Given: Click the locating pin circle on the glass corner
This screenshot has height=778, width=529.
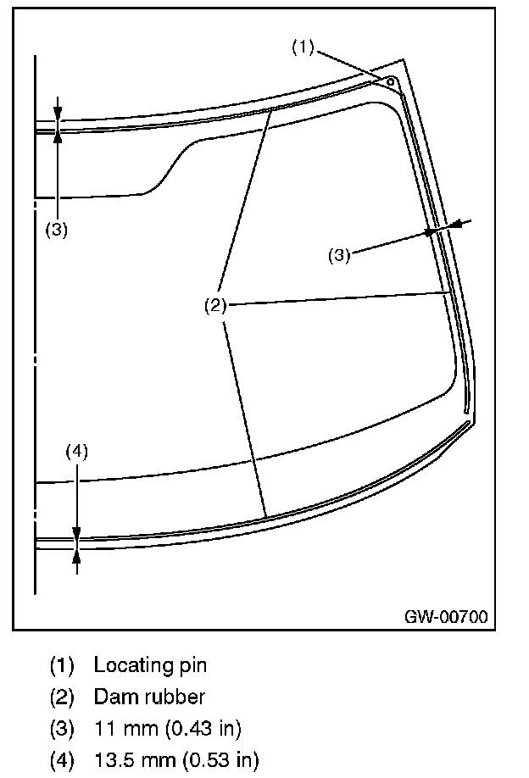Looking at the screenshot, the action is (390, 81).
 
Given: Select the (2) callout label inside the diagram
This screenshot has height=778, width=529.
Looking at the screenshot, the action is (214, 306).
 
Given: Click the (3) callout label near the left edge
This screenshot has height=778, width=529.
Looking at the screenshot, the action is (56, 230).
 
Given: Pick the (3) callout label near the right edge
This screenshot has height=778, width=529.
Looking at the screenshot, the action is (339, 255).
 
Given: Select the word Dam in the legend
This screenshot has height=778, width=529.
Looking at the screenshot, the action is (110, 697).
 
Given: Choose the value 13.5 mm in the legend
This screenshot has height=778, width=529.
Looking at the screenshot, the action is (130, 759).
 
